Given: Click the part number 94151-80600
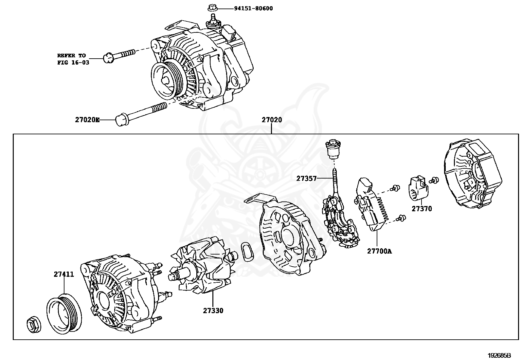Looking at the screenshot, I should pyautogui.click(x=253, y=8).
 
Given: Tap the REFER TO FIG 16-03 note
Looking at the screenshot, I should pyautogui.click(x=73, y=59).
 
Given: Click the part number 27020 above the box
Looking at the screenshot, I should pyautogui.click(x=271, y=120).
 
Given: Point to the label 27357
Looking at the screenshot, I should pyautogui.click(x=306, y=179).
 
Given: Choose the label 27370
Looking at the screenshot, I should pyautogui.click(x=422, y=209).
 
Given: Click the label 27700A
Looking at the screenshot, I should pyautogui.click(x=379, y=251).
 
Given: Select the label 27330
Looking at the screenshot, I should pyautogui.click(x=213, y=311).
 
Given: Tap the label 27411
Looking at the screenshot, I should pyautogui.click(x=64, y=275).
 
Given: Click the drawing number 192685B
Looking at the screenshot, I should pyautogui.click(x=499, y=355).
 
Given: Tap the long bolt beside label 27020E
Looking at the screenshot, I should pyautogui.click(x=141, y=113).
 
